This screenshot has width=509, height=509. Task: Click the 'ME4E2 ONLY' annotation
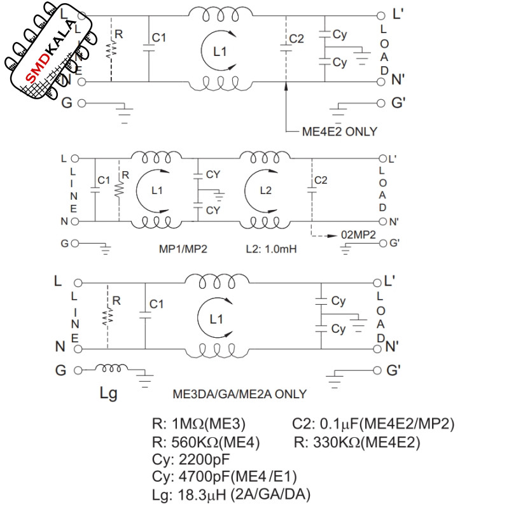point(340,132)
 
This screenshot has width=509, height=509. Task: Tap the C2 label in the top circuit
point(296,39)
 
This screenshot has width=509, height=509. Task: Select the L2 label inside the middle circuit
point(265,190)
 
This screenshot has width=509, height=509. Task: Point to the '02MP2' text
point(358,234)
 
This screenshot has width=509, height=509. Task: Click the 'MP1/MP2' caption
point(183,249)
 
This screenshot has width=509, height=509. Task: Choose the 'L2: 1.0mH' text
point(271,249)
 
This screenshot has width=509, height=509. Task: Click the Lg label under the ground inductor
point(108,393)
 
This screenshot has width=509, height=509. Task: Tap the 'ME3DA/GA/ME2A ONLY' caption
point(240,394)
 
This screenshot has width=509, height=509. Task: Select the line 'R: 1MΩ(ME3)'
point(199,424)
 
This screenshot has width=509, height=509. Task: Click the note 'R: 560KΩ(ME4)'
point(206,442)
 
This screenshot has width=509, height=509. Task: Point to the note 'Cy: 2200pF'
point(191,459)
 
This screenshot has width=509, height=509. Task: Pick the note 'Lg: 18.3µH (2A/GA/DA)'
point(231,494)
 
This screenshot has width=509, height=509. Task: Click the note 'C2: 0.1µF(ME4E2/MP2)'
point(373,424)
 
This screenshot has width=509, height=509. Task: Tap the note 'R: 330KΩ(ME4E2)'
point(357,442)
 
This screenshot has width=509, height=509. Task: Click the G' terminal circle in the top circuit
point(380,103)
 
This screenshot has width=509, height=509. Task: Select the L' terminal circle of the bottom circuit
point(377,282)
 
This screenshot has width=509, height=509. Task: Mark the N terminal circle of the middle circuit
point(75,221)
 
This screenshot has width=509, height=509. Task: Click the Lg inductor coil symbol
point(111,368)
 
